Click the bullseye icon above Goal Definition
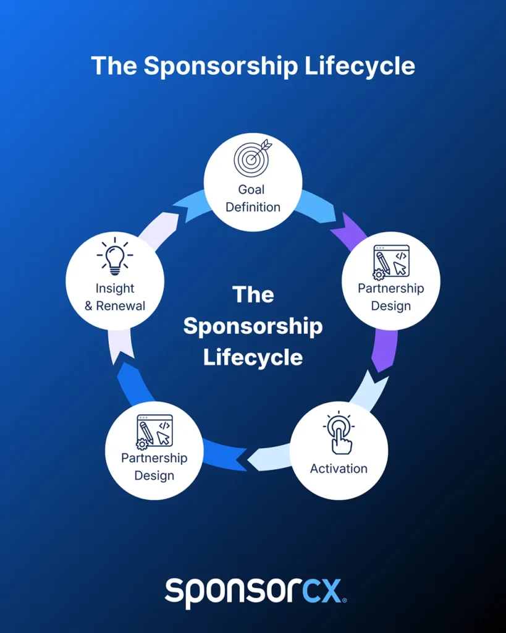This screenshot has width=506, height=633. click(252, 158)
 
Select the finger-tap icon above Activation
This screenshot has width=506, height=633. click(339, 433)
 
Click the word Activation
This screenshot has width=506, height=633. click(339, 468)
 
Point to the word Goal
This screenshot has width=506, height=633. click(251, 190)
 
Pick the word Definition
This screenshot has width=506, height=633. click(253, 206)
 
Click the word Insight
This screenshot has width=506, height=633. click(115, 288)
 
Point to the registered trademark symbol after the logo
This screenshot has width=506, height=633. click(344, 600)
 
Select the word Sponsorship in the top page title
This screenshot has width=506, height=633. click(221, 66)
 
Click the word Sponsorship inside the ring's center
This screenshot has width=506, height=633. click(253, 326)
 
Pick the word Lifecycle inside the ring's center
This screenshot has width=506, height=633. click(253, 357)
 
